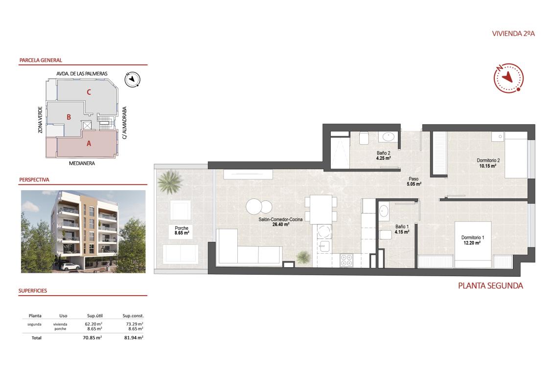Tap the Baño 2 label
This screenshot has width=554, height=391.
383,155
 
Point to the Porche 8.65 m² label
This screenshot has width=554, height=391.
182,231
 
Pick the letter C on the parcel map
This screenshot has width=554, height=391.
89,91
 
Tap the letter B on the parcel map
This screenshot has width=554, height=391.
69,117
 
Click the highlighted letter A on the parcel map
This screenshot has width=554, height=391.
89,143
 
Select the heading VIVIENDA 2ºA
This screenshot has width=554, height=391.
513,34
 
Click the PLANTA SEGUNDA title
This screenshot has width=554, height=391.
490,286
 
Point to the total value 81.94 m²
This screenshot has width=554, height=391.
133,338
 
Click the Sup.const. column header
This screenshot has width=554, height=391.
133,316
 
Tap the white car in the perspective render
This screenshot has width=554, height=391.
71,266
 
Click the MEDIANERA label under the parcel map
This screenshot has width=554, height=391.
82,164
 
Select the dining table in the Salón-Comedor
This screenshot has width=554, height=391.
321,210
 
